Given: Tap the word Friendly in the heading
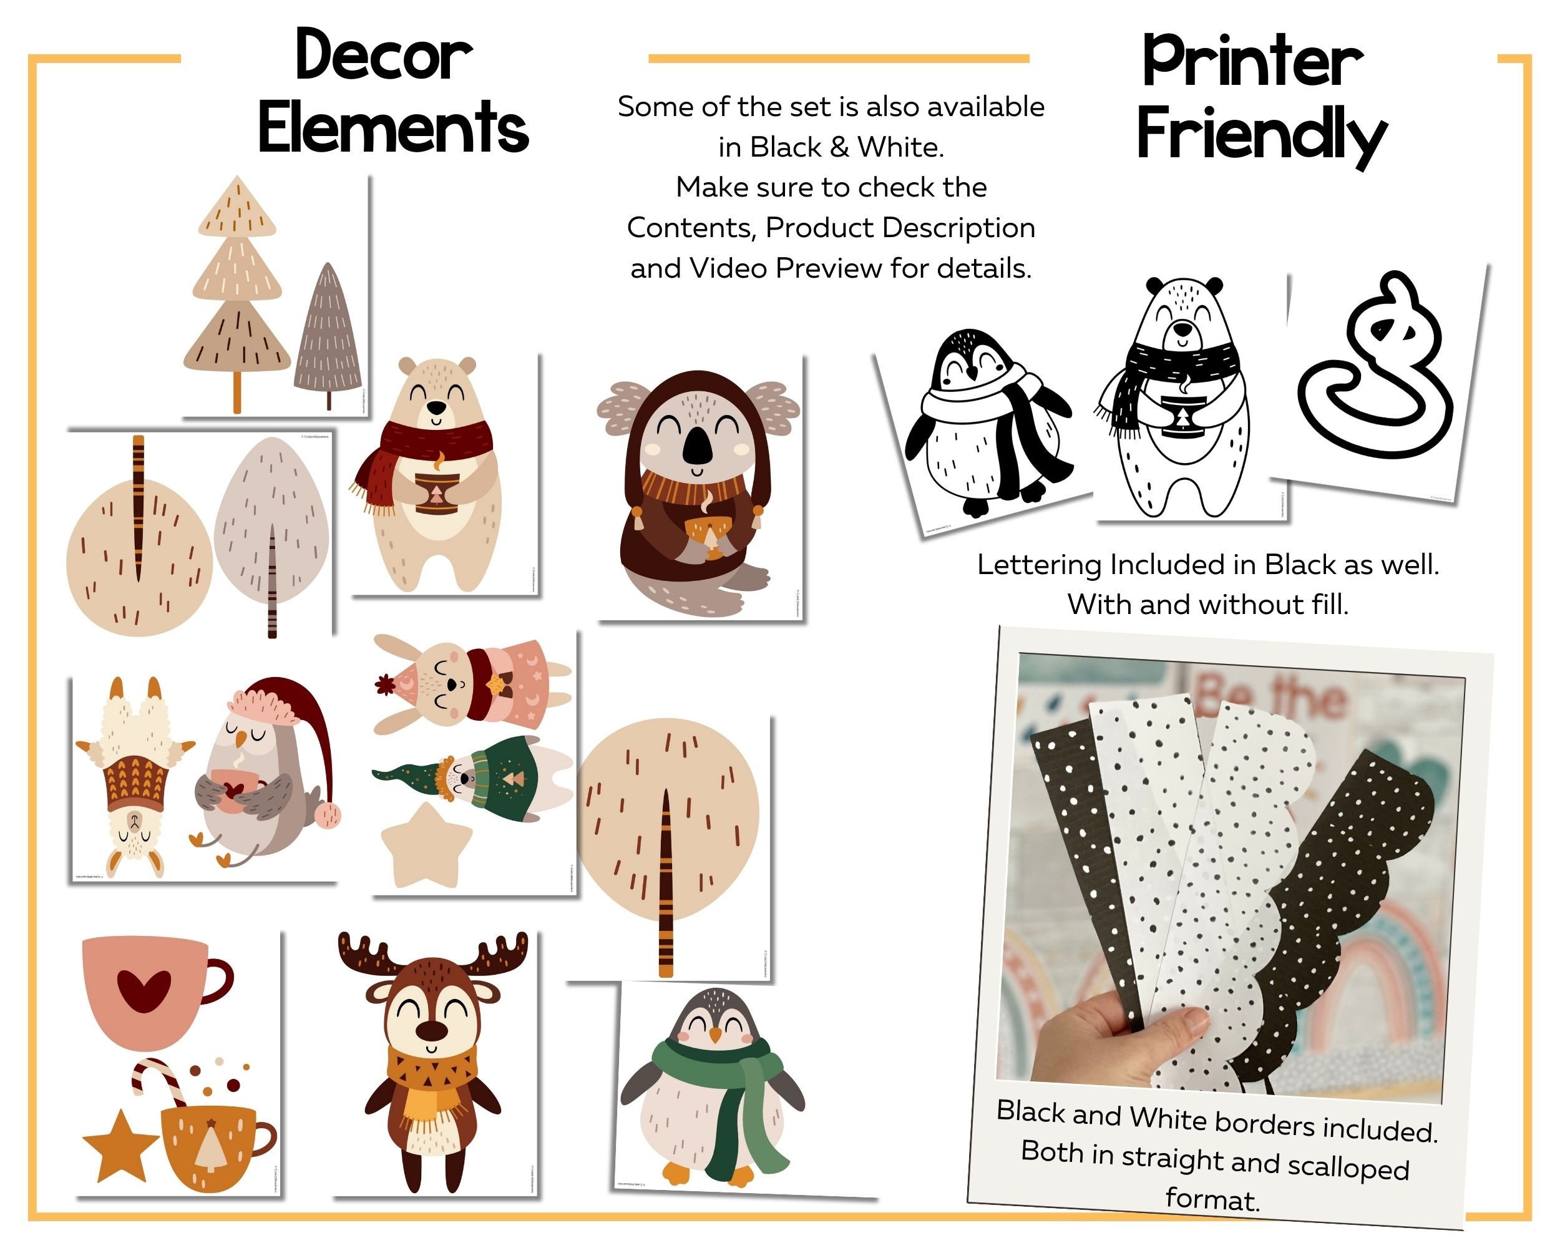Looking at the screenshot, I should tap(1260, 134).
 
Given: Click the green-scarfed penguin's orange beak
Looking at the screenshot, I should tap(715, 1036).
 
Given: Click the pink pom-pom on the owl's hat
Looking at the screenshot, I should tap(327, 815).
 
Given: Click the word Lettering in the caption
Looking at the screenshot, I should tap(1039, 565).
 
